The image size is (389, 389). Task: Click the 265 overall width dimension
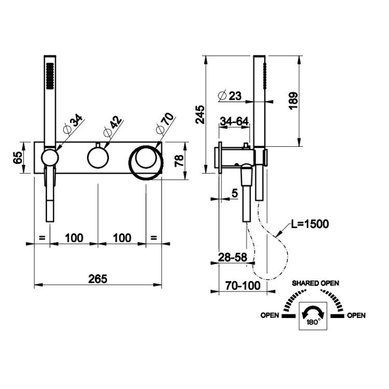[x=98, y=279]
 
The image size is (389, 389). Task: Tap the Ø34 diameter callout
[x=73, y=124]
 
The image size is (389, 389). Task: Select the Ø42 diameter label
[x=113, y=126]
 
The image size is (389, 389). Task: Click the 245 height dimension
[x=200, y=115]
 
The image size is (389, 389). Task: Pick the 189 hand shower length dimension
[x=293, y=101]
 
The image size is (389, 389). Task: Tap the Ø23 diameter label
[x=229, y=95]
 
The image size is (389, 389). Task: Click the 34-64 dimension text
[x=234, y=121]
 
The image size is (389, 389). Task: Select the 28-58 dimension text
[x=232, y=257]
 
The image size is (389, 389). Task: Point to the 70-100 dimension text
[x=243, y=286]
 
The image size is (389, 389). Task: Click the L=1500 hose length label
[x=310, y=224]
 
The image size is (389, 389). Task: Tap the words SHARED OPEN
[x=315, y=283]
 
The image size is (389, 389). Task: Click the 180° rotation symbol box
[x=313, y=316]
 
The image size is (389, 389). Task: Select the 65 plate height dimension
[x=18, y=157]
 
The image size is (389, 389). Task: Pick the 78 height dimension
[x=179, y=160]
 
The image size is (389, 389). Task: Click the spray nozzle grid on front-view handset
[x=50, y=75]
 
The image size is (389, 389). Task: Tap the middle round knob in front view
[x=98, y=157]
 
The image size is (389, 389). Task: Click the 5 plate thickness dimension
[x=234, y=193]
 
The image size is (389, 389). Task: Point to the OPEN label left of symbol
[x=270, y=315]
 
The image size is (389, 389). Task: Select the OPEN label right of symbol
[x=356, y=315]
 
